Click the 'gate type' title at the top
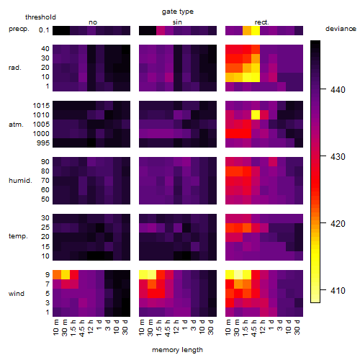click(178, 12)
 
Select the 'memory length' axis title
click(177, 350)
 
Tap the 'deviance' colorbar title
click(341, 29)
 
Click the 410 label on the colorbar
click(338, 291)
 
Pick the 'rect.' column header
click(261, 22)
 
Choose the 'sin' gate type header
click(177, 22)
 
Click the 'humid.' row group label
click(20, 181)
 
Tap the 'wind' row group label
click(17, 294)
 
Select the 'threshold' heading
click(40, 17)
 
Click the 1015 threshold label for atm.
click(41, 106)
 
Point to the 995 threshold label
click(43, 143)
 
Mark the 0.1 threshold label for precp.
click(44, 30)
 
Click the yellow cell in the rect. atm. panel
click(256, 115)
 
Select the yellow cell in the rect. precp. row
click(256, 30)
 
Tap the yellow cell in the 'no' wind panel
click(66, 274)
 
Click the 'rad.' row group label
click(15, 68)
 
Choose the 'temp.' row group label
click(18, 236)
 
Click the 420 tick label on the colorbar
click(338, 224)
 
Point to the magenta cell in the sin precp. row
click(161, 30)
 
